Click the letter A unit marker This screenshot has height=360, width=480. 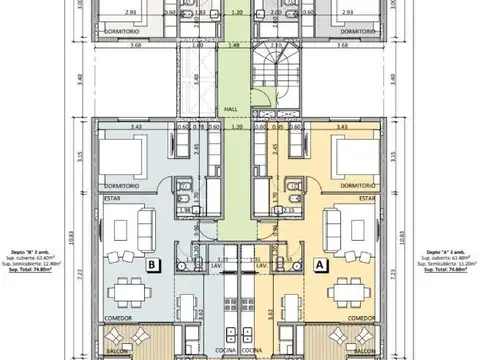click(320, 266)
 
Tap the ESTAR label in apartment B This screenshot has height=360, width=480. click(111, 198)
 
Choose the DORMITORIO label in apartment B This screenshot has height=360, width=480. click(120, 186)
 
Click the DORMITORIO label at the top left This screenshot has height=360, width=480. click(122, 32)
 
